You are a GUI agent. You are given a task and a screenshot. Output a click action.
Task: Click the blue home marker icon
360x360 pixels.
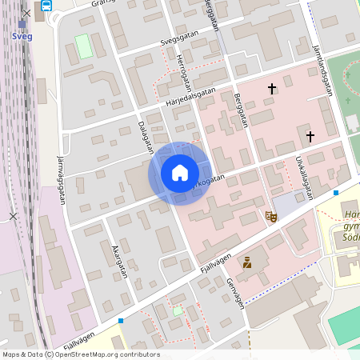179,173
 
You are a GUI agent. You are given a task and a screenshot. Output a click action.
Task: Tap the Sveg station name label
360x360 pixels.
22,36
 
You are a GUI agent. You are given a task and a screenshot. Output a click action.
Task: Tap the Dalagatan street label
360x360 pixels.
146,137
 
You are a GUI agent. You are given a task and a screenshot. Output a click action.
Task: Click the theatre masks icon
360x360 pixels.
271,216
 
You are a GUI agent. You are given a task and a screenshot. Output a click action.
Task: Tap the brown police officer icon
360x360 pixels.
247,262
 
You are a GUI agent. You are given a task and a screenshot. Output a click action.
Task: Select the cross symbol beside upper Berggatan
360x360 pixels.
272,88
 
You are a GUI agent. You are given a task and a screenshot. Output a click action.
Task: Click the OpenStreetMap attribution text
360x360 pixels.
81,354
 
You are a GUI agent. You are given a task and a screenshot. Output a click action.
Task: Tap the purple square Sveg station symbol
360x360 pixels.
22,24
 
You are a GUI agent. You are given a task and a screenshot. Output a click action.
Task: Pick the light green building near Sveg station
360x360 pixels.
83,46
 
